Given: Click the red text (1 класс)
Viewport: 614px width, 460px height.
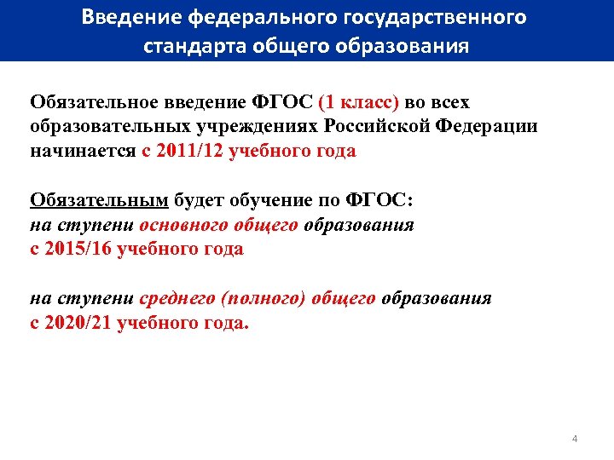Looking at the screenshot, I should coord(357,103).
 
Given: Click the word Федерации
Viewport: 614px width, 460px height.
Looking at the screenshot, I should coord(486,127).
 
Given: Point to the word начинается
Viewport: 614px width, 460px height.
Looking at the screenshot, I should coord(82,152).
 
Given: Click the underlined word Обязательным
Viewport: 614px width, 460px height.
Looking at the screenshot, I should coord(99,201).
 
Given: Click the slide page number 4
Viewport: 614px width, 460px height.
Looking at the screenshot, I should coord(575,439).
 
